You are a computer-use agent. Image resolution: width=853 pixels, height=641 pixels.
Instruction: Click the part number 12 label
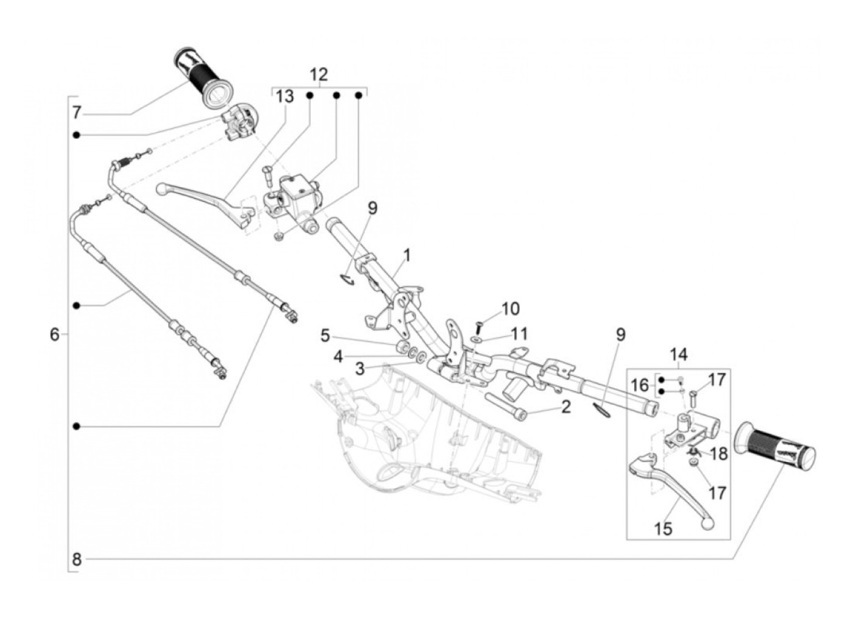coord(319,75)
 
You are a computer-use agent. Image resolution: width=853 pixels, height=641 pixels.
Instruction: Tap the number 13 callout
coord(284,96)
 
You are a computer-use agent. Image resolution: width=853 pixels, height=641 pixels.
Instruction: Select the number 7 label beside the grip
coord(76,113)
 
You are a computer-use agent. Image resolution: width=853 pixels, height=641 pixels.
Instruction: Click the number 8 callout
coord(76,559)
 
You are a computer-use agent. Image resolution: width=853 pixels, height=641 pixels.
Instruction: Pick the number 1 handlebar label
coord(406,253)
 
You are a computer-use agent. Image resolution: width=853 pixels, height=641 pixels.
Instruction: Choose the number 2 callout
coord(565,406)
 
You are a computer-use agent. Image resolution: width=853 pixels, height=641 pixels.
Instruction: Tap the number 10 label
coord(511,309)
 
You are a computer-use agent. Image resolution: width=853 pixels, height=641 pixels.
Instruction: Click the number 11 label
coord(519,333)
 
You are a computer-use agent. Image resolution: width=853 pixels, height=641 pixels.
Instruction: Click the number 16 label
coord(640,384)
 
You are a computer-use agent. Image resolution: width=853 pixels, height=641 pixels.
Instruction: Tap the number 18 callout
coord(719,453)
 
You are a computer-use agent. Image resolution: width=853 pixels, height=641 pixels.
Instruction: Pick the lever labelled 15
coord(670,487)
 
